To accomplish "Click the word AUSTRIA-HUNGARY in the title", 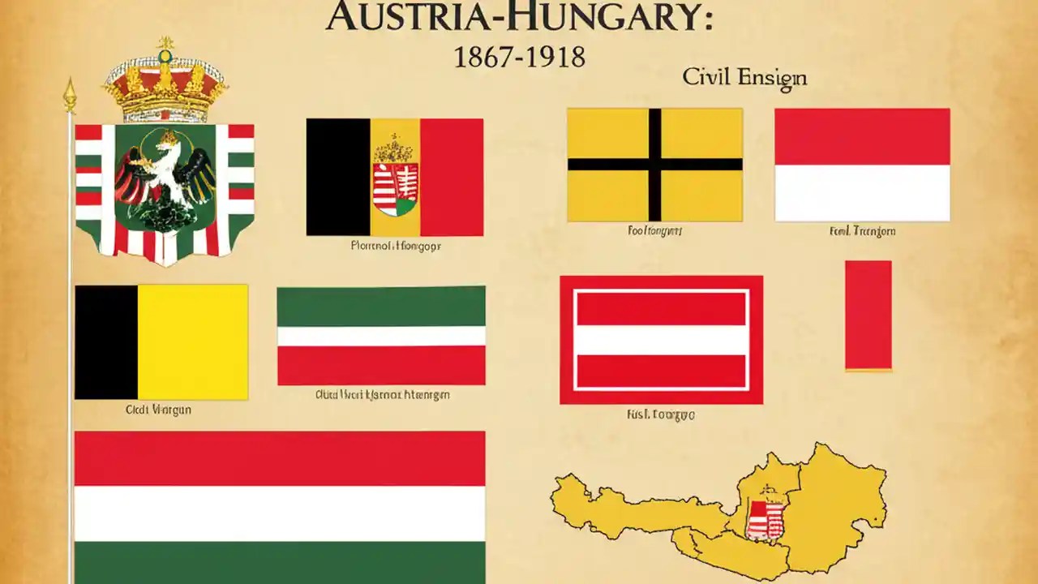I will point(519,17).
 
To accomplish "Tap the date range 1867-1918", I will point(519,58).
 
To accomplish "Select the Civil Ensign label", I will point(744,78).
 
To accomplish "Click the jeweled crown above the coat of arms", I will point(165,86).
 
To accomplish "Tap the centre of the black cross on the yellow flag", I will point(654,164).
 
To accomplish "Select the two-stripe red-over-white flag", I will point(862,165).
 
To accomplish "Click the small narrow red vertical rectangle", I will point(868,315).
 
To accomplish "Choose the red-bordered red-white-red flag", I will point(661,340).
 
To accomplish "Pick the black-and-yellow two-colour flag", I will point(161,341).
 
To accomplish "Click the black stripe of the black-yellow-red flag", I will point(338,177).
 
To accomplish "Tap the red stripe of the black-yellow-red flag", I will point(452,177).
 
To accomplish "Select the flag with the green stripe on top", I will point(381,336).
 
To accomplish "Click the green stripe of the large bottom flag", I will point(280,561).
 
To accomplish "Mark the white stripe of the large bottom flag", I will point(280,513).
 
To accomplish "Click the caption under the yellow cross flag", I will point(654,231).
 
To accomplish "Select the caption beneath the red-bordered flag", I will point(660,414).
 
